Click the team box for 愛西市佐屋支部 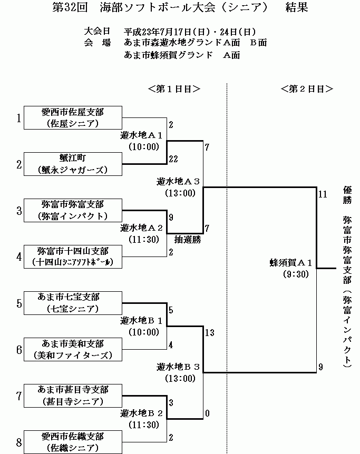[73, 117]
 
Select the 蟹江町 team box [73, 164]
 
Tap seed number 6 [19, 350]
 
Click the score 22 [173, 159]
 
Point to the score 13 [210, 332]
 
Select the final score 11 [323, 194]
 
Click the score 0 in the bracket [207, 413]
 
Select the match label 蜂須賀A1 [291, 263]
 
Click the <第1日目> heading [174, 89]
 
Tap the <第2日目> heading [307, 89]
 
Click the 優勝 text [347, 194]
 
